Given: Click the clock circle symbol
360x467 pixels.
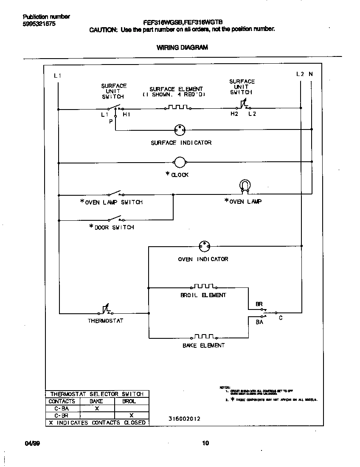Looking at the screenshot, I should click(180, 162).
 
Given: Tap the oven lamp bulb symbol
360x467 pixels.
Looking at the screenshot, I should click(245, 185).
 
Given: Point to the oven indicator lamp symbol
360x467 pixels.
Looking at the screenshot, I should click(205, 246).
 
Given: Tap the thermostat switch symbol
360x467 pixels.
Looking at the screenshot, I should click(104, 312).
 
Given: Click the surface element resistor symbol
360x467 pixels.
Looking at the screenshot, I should click(177, 107).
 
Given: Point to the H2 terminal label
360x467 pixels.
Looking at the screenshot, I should click(234, 114).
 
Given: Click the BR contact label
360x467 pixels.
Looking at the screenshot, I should click(259, 304).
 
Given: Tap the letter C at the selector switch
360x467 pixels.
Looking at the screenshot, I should click(281, 318).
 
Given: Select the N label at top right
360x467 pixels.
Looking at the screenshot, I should click(311, 74).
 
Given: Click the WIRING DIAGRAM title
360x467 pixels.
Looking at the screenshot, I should click(182, 48).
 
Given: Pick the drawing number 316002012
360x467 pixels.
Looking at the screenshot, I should click(184, 419).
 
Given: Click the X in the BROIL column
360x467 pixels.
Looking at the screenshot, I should click(132, 415).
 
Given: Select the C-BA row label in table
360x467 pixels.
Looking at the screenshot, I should click(62, 408).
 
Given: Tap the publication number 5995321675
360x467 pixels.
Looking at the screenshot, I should click(39, 24).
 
